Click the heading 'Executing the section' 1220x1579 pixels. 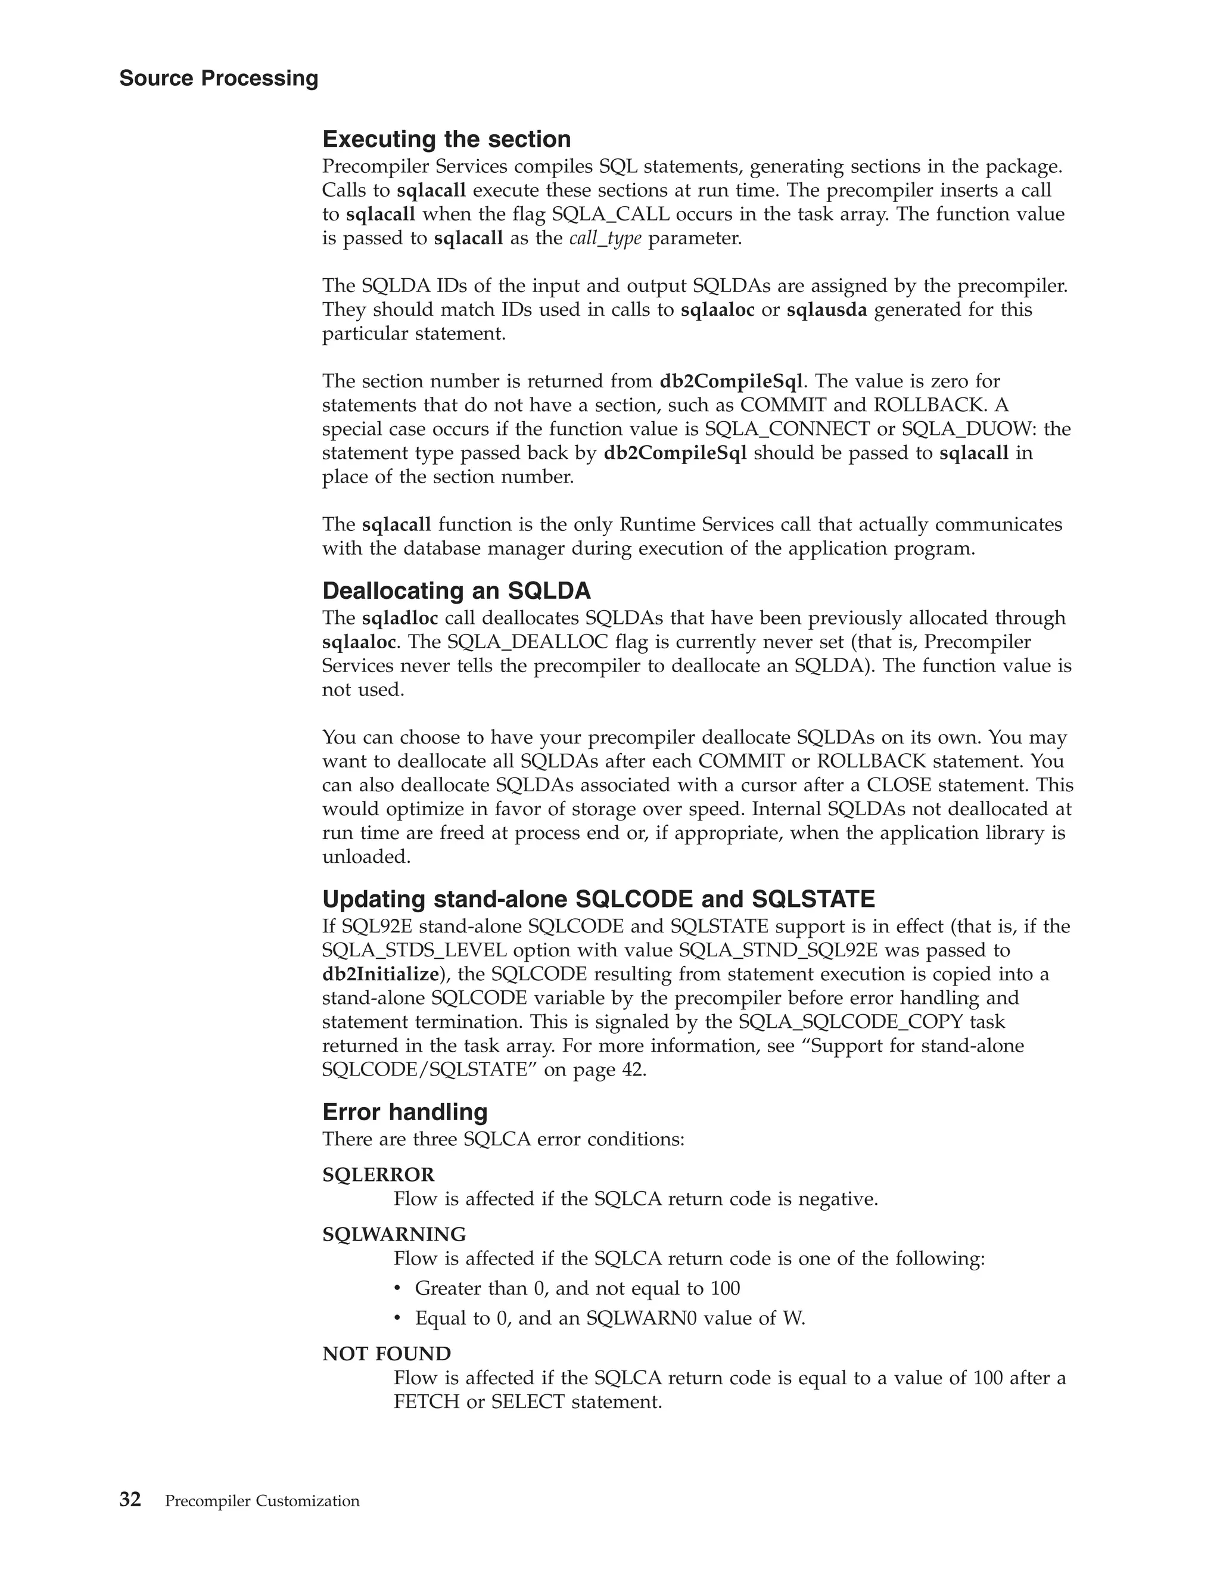446,139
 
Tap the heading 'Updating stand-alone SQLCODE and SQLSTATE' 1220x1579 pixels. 599,899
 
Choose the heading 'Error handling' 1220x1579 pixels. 404,1111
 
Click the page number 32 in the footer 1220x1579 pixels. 130,1500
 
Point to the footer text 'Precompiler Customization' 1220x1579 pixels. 262,1502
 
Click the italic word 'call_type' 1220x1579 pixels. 605,238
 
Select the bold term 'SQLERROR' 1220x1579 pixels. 378,1175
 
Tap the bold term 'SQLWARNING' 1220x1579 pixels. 394,1234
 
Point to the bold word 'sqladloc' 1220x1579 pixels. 400,618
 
